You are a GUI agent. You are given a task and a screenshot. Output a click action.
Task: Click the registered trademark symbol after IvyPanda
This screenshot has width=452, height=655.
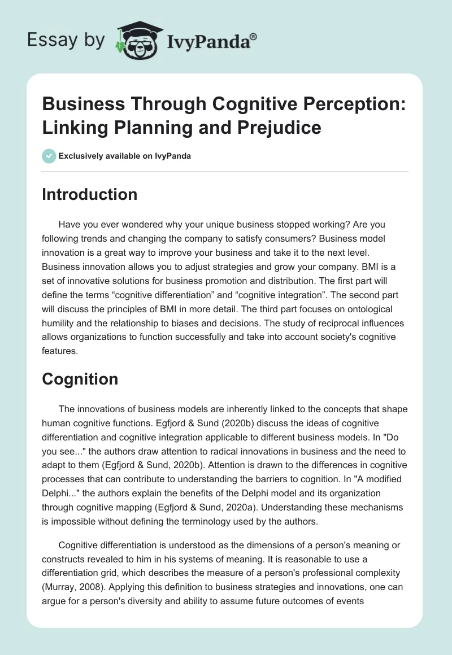pyautogui.click(x=254, y=36)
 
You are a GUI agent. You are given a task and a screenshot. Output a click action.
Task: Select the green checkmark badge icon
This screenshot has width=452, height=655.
pyautogui.click(x=49, y=156)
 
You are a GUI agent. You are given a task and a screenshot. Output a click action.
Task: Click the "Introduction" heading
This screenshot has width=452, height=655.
pyautogui.click(x=89, y=195)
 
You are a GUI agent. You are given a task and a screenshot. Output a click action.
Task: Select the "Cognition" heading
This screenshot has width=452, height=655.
pyautogui.click(x=80, y=379)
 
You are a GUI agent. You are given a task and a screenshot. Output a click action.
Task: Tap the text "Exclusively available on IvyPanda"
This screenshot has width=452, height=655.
pyautogui.click(x=125, y=156)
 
